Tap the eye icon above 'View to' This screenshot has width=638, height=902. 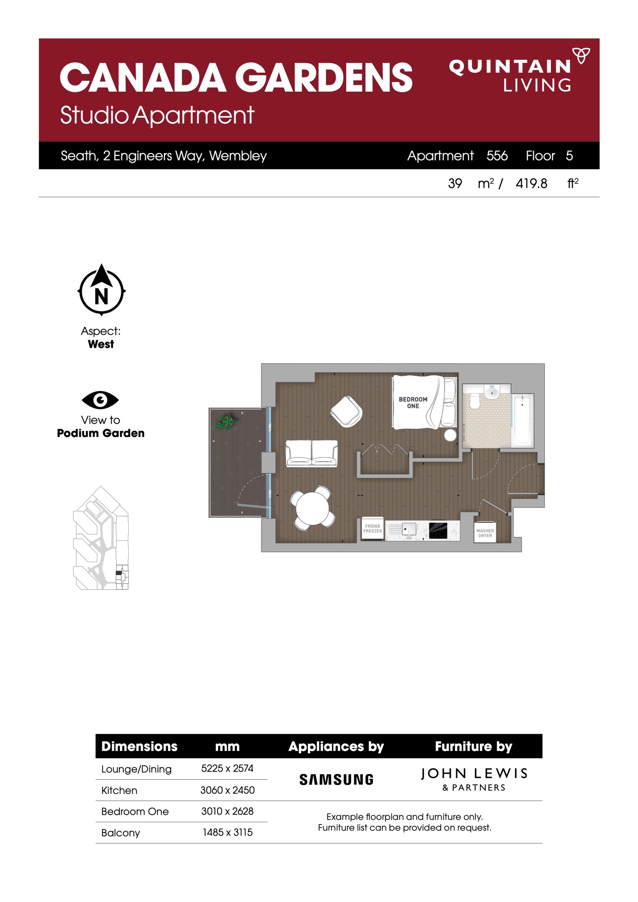100,400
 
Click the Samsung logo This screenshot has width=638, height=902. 336,780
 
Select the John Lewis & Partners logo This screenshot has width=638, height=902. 474,779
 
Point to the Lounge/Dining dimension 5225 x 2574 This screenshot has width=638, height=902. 227,768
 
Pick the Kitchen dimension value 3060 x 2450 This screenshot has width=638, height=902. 227,790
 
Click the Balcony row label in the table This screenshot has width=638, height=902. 120,833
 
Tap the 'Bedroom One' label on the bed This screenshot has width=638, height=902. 413,403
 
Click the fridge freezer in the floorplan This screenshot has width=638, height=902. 372,529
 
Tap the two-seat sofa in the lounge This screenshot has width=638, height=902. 311,453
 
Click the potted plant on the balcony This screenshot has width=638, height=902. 227,421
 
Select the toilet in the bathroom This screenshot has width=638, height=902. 474,400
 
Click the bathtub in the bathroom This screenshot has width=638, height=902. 523,420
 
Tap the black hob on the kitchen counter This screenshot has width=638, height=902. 438,531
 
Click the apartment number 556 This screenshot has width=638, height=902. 497,155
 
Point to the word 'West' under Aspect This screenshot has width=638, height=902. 101,344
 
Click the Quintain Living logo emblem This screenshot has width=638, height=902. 581,55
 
